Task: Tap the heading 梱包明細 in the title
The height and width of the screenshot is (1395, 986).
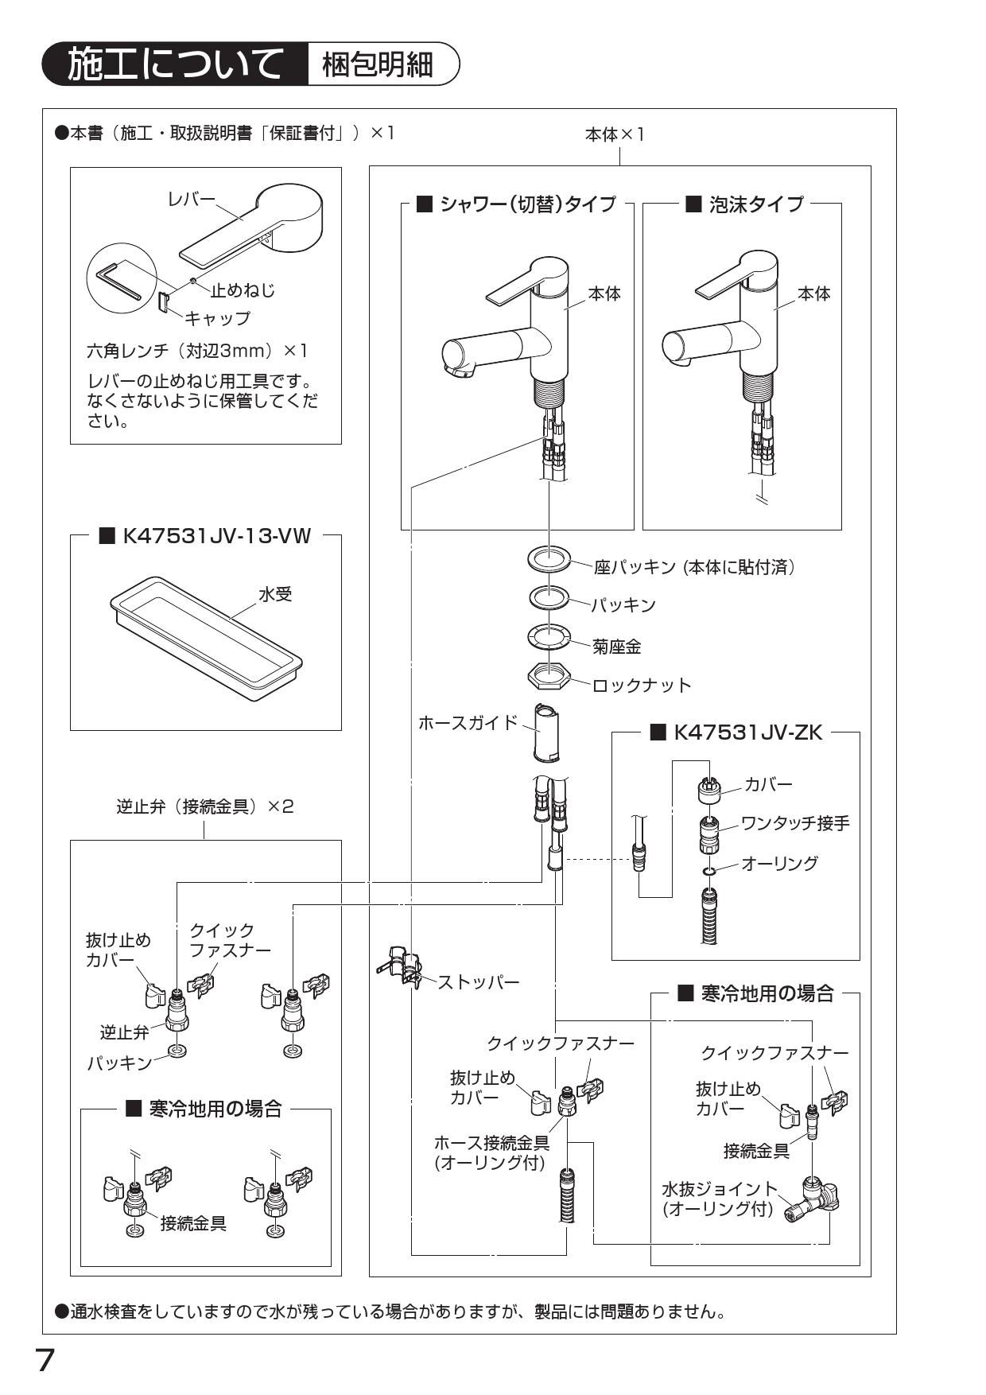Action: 377,64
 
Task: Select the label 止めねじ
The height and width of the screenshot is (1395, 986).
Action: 243,290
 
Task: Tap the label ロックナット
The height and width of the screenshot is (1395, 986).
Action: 642,685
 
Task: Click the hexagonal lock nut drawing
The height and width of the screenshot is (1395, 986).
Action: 549,677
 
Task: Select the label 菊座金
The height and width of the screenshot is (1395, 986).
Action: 616,647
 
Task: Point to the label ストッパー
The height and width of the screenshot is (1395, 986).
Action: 479,982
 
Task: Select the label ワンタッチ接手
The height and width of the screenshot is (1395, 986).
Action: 795,823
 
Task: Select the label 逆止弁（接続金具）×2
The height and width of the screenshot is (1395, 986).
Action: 205,806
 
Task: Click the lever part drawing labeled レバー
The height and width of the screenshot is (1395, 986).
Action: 254,227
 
